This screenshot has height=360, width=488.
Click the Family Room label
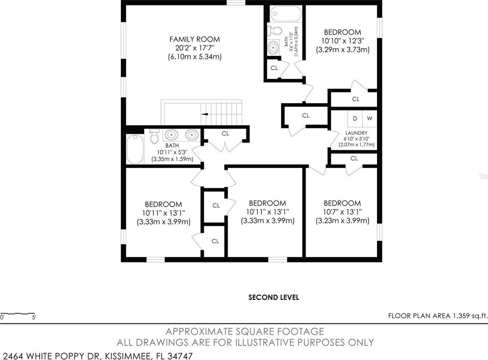(194, 39)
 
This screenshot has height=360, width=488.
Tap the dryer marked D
(355, 119)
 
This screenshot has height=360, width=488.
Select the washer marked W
(370, 119)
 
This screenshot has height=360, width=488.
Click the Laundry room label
(356, 133)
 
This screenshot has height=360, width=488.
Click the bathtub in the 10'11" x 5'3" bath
(135, 149)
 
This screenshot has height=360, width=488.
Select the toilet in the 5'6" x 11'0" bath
(275, 31)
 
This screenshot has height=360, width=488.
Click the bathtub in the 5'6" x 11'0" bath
(286, 14)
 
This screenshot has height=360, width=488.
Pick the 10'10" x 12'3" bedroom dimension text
(343, 41)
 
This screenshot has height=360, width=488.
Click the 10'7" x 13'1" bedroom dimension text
(342, 212)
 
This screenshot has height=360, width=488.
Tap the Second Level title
(274, 297)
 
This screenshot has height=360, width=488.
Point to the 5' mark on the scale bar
(34, 317)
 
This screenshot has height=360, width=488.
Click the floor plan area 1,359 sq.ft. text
(437, 316)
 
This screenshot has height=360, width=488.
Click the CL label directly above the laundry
(356, 99)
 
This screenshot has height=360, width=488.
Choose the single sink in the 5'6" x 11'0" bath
(273, 47)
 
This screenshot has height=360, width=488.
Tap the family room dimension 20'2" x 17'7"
(195, 48)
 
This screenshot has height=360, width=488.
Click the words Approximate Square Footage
(245, 331)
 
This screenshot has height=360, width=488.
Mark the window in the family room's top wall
(236, 2)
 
